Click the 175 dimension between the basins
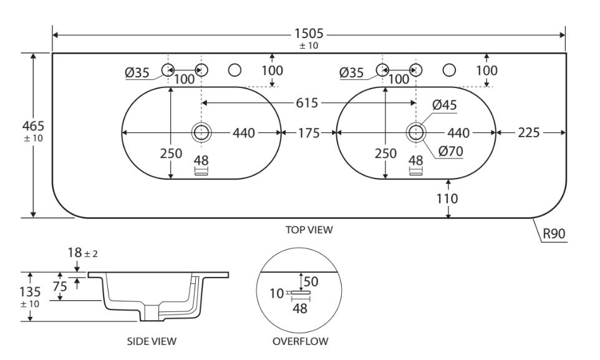309,132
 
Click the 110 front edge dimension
448,200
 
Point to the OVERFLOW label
300,341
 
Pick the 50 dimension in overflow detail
311,281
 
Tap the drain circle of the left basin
201,132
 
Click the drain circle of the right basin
416,132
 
